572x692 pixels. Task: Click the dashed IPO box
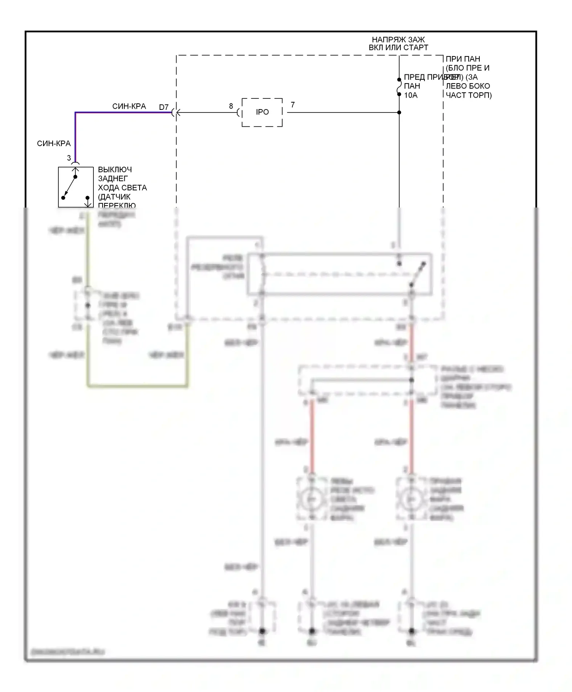coord(262,112)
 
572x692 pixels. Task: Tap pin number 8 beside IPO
coord(231,106)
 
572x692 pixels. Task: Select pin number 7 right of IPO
coord(292,105)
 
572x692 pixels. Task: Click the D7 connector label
coord(164,107)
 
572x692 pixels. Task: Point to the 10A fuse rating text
coord(411,95)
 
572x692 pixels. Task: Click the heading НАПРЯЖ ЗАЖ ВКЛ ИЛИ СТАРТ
coord(398,43)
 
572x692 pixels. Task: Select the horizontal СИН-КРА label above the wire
coord(129,106)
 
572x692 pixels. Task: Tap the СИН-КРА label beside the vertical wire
coord(54,143)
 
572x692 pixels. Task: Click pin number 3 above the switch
coord(69,158)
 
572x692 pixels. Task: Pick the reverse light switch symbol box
coord(76,187)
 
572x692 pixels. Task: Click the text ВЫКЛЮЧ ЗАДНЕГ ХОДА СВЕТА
coord(122,179)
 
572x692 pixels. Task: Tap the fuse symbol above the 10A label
coord(399,87)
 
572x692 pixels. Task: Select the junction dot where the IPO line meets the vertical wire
coord(399,113)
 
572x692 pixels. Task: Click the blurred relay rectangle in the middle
coord(339,274)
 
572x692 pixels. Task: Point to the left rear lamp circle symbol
coord(312,499)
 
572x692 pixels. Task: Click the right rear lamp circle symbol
coord(411,499)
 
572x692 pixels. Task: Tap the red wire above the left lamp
coord(312,435)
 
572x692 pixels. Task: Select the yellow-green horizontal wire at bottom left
coord(137,386)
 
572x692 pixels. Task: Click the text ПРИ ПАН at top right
coord(463,59)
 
